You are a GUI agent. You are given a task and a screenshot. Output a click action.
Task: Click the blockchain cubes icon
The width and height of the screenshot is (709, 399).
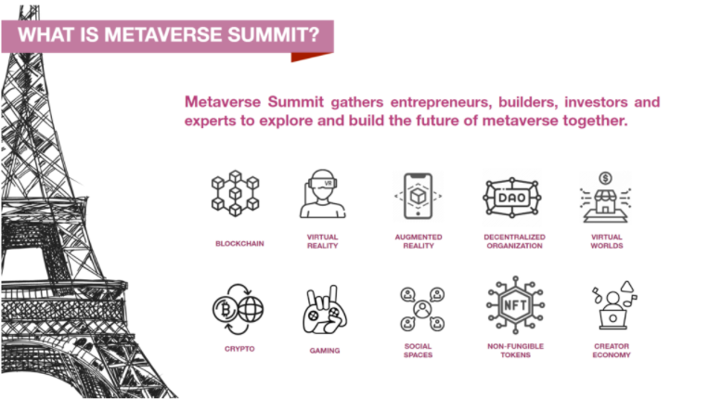(x=235, y=193)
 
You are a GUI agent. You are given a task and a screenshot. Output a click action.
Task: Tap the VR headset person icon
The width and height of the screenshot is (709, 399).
(x=322, y=194)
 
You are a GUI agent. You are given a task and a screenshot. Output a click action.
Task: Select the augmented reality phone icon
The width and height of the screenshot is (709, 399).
(x=418, y=196)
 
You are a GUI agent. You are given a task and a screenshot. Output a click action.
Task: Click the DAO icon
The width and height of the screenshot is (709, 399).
(x=512, y=197)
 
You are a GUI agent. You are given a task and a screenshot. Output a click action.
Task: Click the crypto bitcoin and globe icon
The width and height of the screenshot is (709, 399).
(x=238, y=310)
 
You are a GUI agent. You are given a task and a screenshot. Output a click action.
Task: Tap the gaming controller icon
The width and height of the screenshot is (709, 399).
(x=325, y=310)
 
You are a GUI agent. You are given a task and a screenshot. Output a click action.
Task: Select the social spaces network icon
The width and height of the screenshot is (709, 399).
(x=422, y=309)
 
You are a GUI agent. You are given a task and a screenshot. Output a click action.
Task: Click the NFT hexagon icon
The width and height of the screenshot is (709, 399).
(x=515, y=305)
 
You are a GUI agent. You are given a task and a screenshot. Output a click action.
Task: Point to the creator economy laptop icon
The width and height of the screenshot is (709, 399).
(x=614, y=305)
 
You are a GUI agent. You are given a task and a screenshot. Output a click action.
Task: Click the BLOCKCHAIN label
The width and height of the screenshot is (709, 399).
(x=239, y=243)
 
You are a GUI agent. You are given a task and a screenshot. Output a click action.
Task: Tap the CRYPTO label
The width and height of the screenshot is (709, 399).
(x=239, y=349)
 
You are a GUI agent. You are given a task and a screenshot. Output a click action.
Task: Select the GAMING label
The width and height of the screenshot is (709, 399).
(x=325, y=350)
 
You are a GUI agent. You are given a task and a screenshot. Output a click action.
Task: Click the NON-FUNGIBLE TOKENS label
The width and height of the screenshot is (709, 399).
(x=515, y=350)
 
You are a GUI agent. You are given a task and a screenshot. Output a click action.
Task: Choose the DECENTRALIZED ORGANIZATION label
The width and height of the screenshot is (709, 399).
(x=514, y=241)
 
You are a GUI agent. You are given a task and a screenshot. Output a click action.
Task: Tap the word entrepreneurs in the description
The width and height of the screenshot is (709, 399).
(x=441, y=103)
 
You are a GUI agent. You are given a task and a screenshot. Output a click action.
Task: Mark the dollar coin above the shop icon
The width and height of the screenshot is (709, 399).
(x=605, y=178)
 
